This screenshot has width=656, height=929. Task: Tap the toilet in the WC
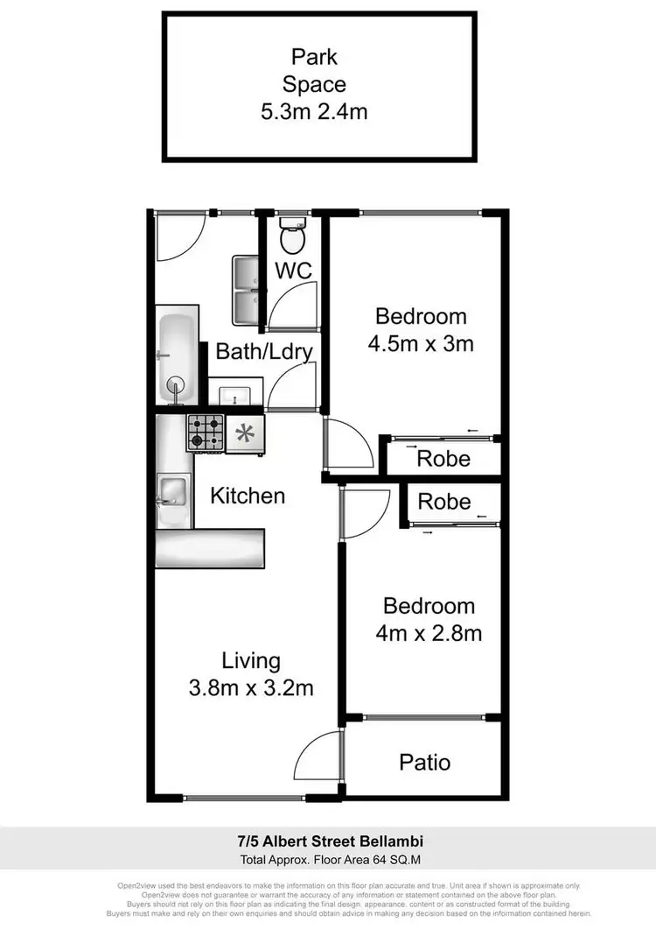(x=292, y=236)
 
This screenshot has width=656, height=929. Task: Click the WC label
(x=295, y=271)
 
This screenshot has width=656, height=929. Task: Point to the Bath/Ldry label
(x=265, y=352)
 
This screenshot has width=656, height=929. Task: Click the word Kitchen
(x=248, y=496)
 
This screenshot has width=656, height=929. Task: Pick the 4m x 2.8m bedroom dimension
(x=429, y=632)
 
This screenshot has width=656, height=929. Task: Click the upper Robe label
(x=443, y=458)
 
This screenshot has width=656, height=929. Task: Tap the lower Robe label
(x=443, y=502)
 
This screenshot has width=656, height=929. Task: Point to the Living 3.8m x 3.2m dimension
(x=251, y=687)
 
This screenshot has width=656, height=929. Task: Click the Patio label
(x=425, y=762)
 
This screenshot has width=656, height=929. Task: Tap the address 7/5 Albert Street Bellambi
(x=328, y=841)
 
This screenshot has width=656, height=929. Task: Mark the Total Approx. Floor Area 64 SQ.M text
(x=328, y=858)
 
